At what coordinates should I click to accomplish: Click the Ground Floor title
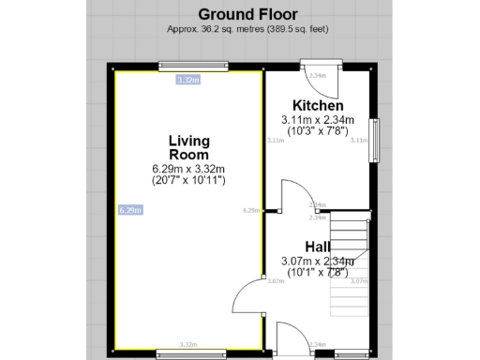[x=247, y=14]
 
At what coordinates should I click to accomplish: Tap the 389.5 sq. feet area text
[x=294, y=29]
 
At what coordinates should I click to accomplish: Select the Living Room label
[x=188, y=147]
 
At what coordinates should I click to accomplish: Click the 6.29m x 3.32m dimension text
[x=188, y=168]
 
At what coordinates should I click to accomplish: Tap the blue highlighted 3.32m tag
[x=187, y=81]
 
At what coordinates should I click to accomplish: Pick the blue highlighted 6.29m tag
[x=130, y=211]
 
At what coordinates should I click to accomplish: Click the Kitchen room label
[x=318, y=105]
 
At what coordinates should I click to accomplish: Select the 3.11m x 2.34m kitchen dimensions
[x=318, y=120]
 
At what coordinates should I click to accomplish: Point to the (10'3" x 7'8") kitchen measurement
[x=318, y=131]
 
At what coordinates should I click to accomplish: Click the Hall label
[x=317, y=247]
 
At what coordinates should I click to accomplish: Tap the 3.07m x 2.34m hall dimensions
[x=317, y=261]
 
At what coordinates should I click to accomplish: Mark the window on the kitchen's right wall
[x=374, y=141]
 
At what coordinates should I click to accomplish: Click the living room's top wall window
[x=194, y=66]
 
